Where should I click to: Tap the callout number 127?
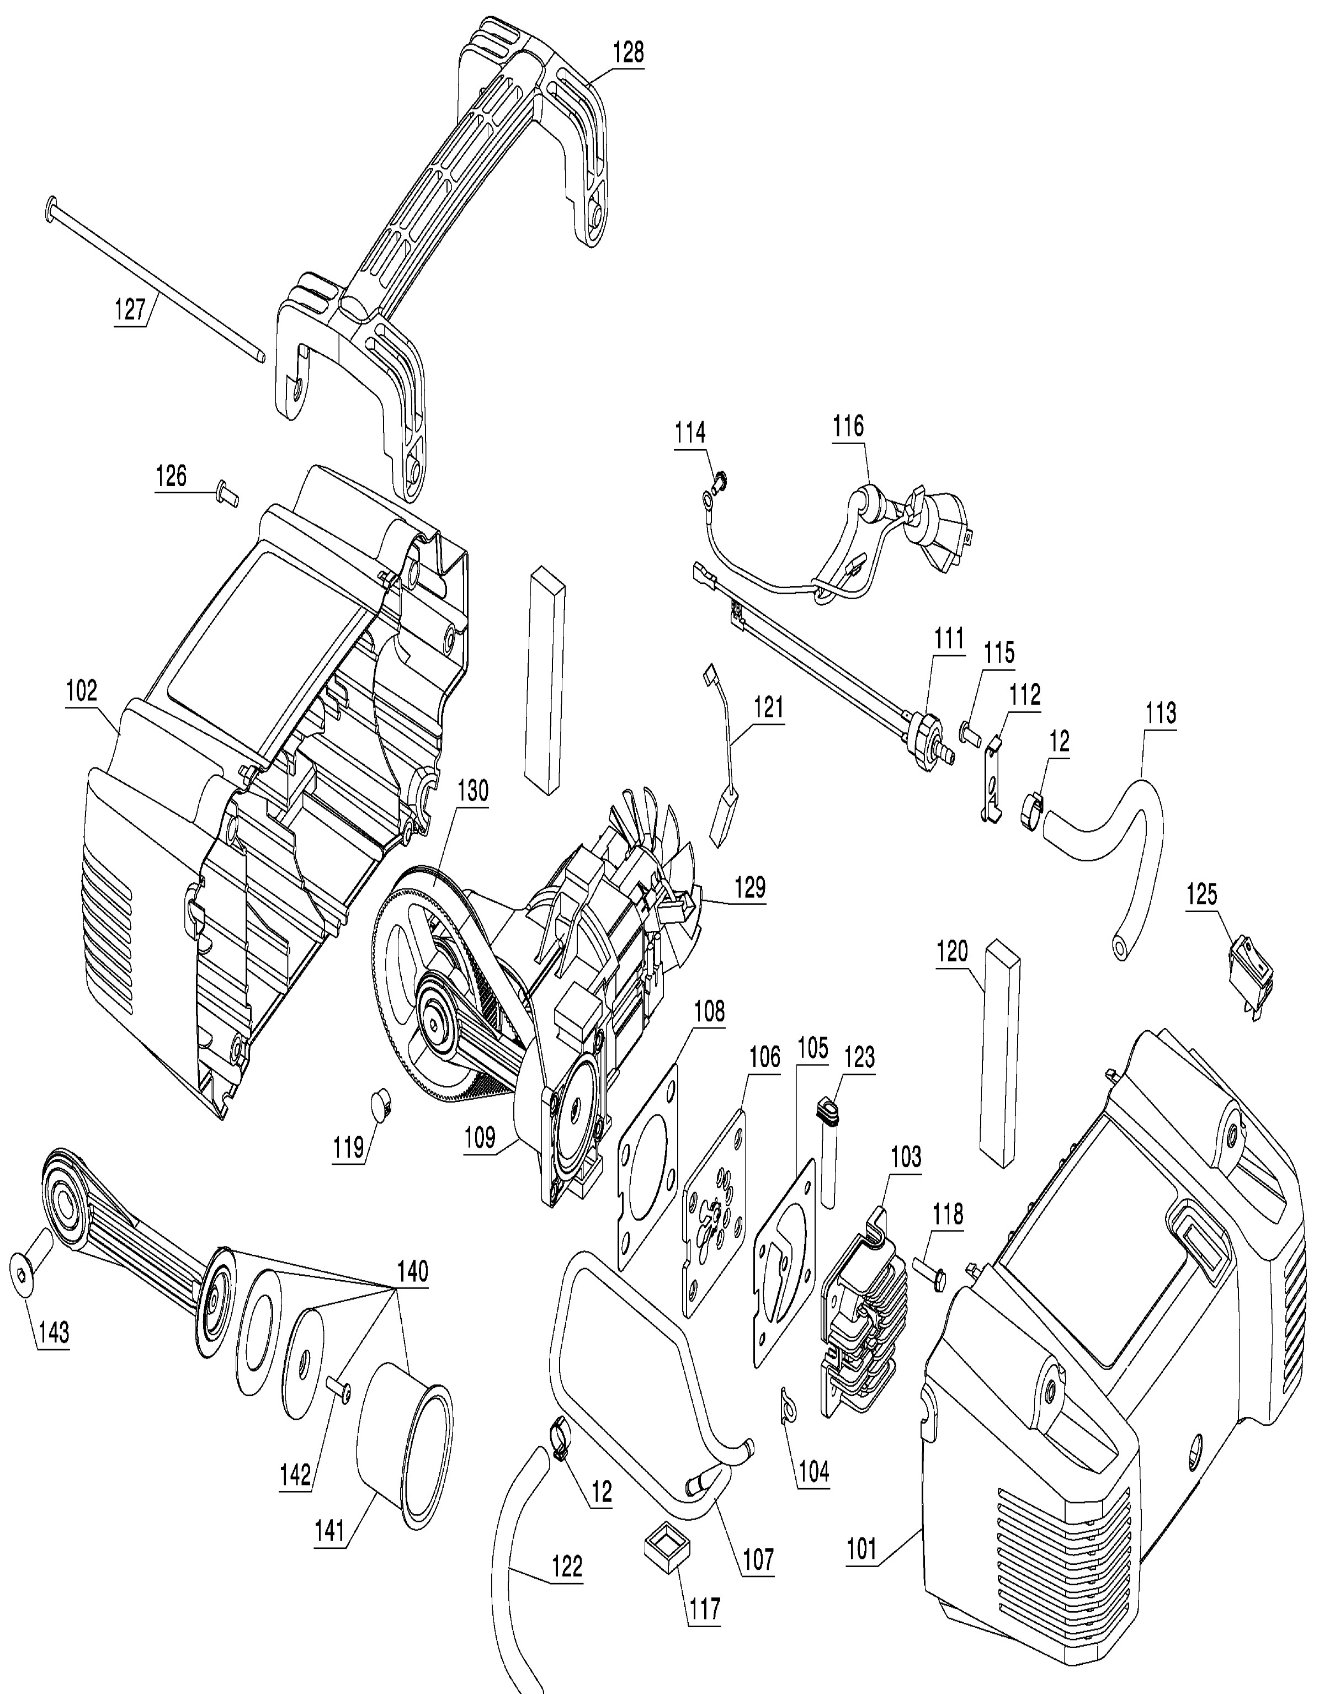click(x=130, y=310)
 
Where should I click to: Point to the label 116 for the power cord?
click(x=848, y=426)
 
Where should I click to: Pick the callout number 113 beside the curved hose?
click(x=1161, y=713)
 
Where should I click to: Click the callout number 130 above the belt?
click(x=472, y=790)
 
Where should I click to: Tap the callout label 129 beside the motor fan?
click(x=749, y=887)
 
